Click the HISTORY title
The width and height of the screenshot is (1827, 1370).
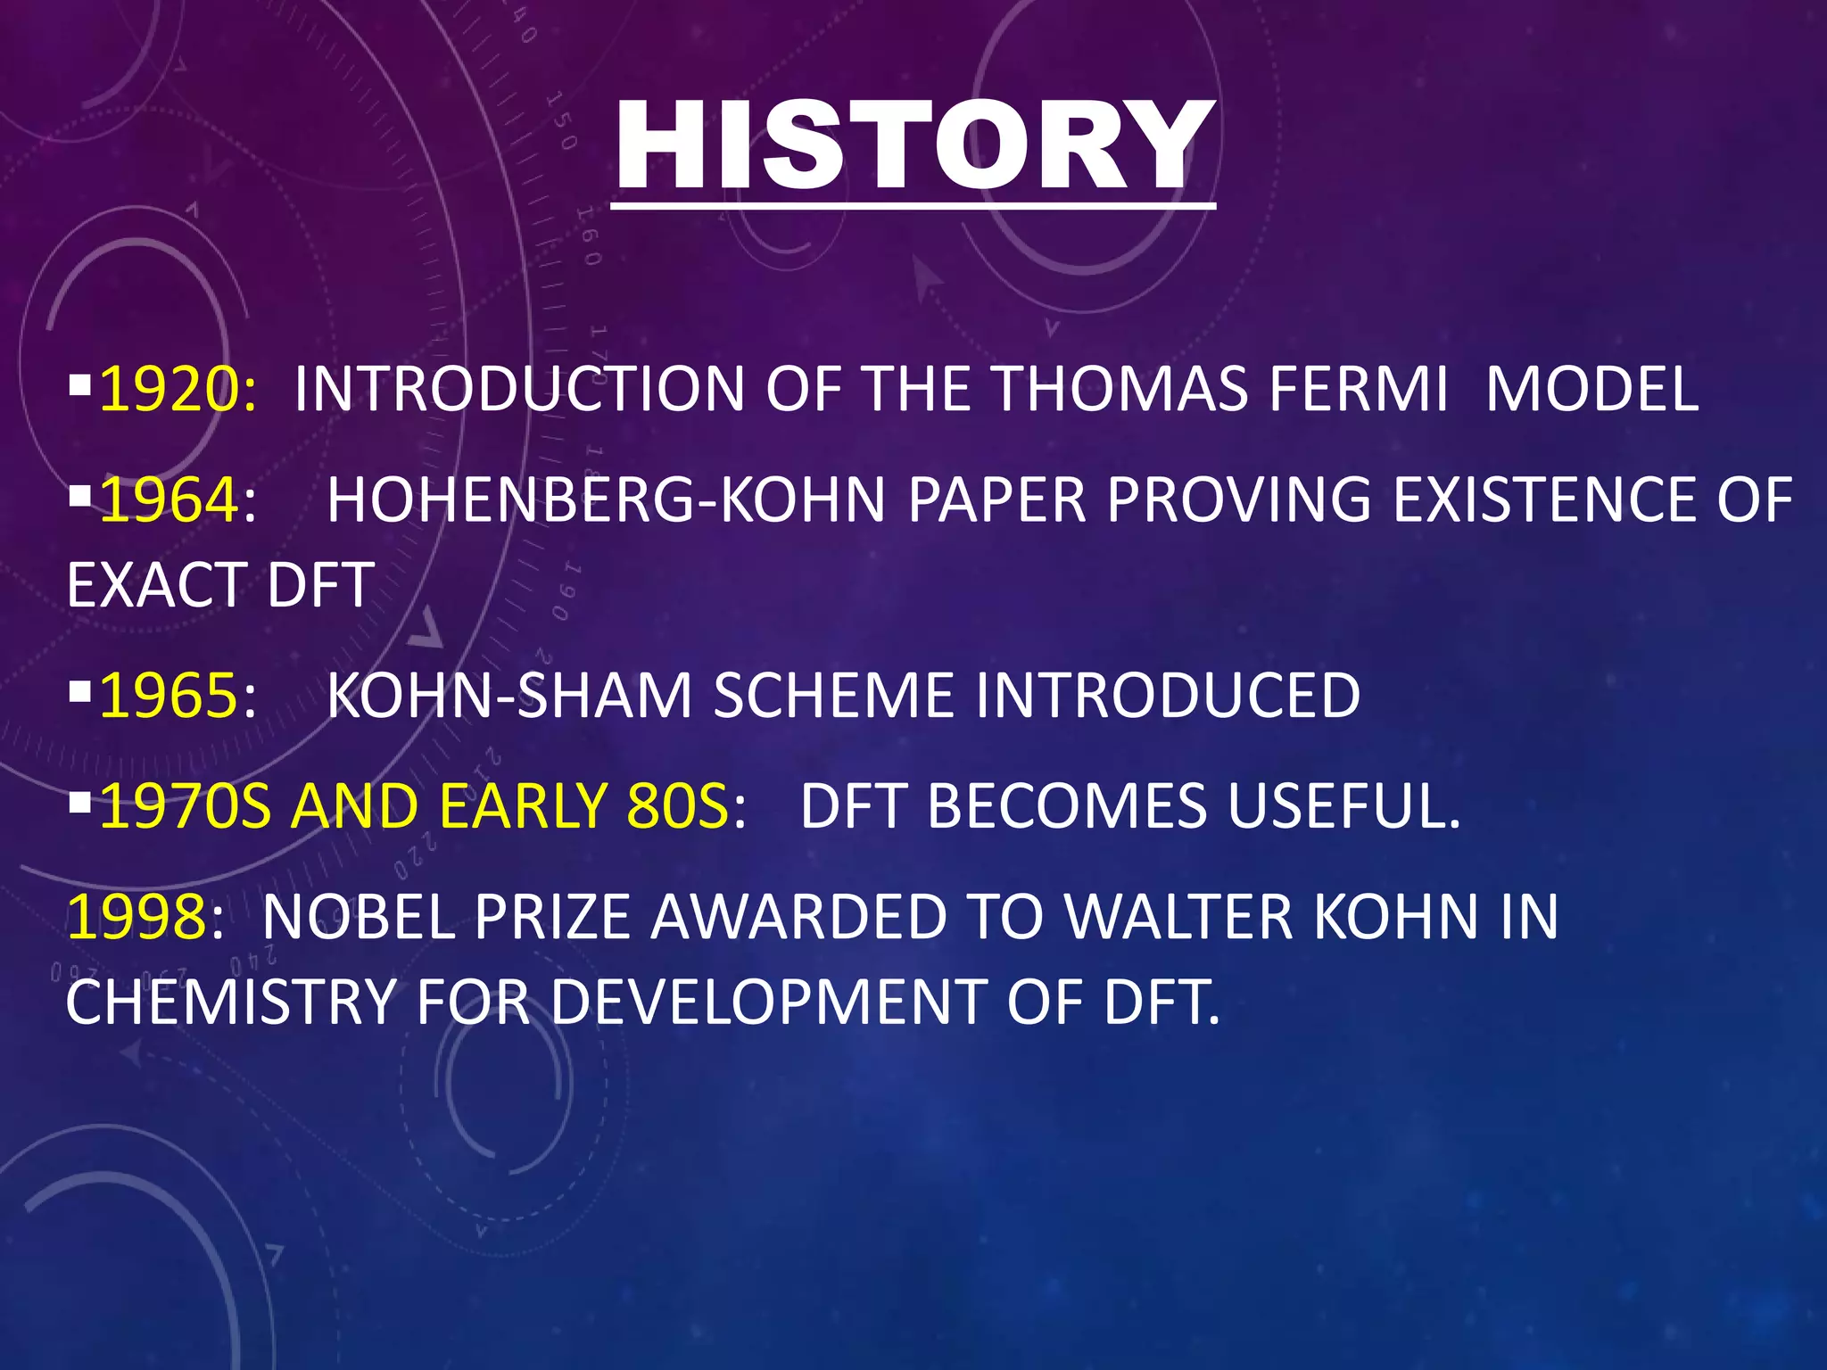tap(913, 147)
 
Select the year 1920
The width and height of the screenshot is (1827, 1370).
tap(166, 390)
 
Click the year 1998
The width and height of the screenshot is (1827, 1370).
tap(136, 917)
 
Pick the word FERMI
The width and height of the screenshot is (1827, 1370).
tap(1359, 390)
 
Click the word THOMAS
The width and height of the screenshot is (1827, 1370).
tap(1120, 390)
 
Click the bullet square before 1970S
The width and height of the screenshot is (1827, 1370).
tap(79, 802)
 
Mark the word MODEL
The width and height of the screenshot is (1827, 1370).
tap(1591, 390)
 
